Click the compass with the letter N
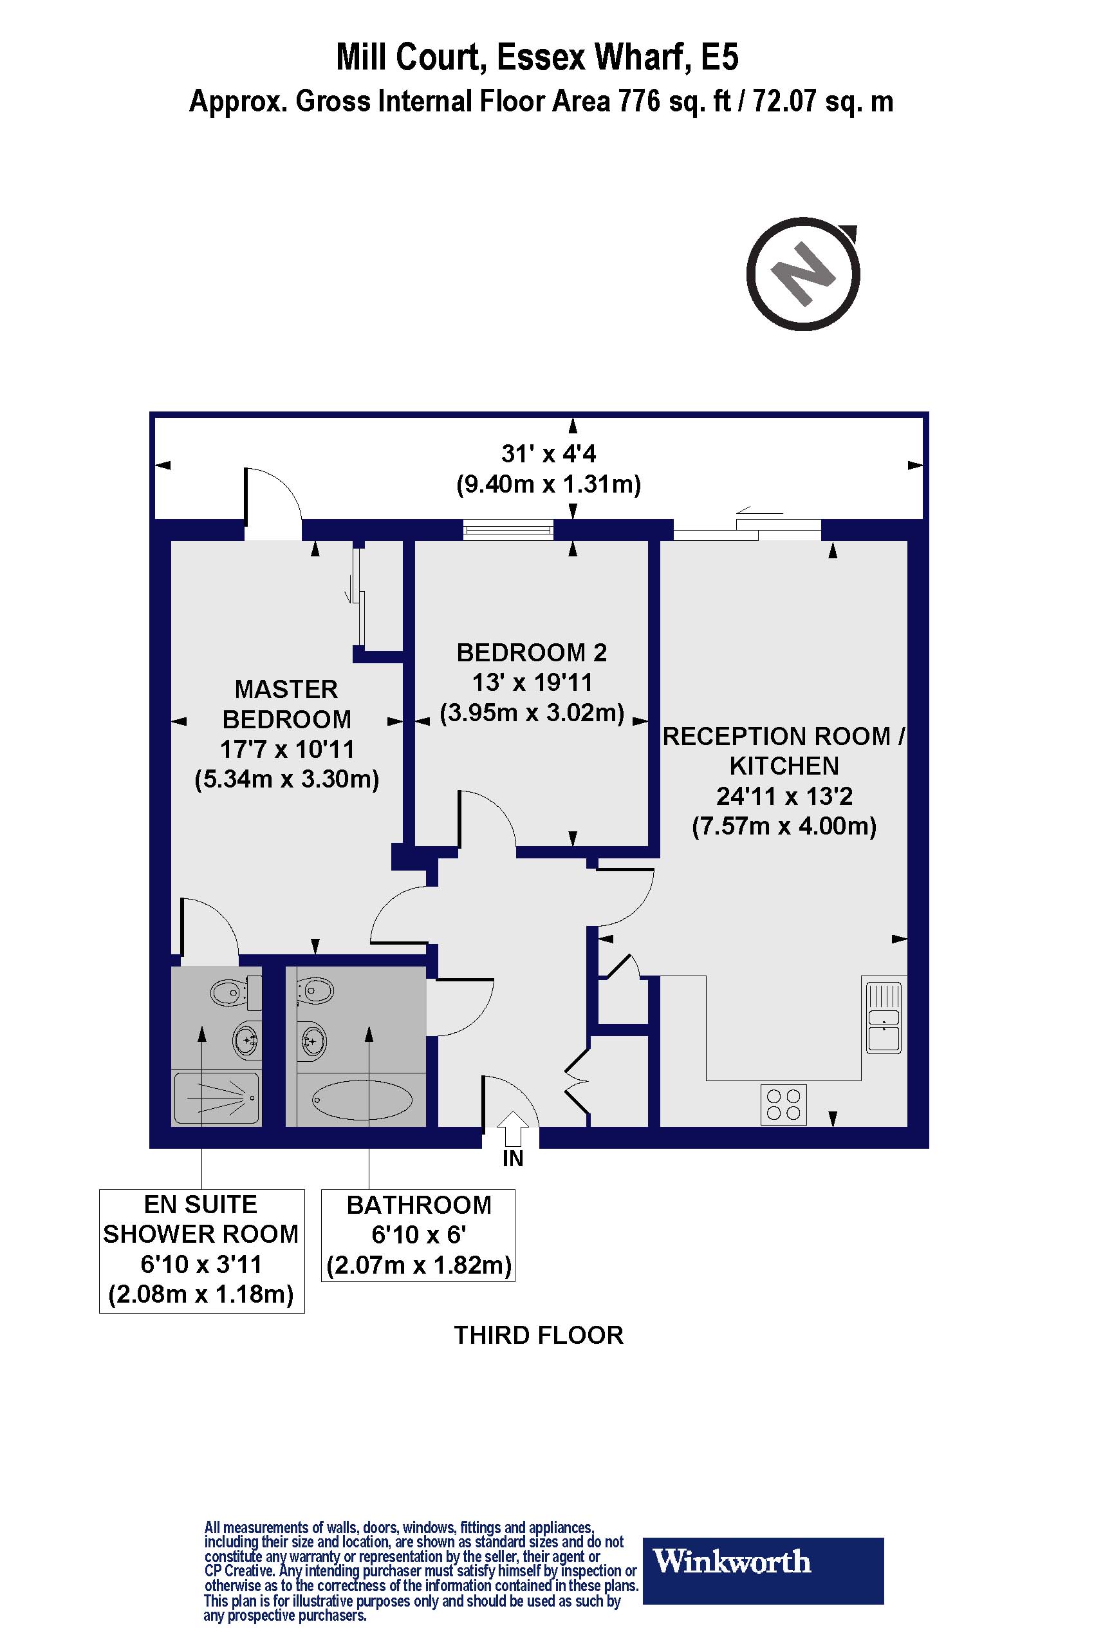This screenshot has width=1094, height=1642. [803, 274]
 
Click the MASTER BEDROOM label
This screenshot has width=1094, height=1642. [286, 704]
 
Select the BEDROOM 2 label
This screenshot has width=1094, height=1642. [532, 653]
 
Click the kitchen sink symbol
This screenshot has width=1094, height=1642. [884, 1017]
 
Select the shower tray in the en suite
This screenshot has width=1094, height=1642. [217, 1098]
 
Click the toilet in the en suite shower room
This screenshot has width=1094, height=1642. [231, 992]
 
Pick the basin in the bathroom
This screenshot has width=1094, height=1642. [313, 1043]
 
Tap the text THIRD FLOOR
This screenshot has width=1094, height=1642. [539, 1335]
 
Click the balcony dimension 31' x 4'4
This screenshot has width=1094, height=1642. [549, 454]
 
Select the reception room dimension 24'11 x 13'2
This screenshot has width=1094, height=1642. [784, 796]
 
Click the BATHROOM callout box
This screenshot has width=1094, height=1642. [418, 1235]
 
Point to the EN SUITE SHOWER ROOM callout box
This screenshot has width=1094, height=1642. [201, 1250]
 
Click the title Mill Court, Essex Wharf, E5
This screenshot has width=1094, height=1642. [537, 57]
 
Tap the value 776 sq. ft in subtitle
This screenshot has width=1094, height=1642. [674, 102]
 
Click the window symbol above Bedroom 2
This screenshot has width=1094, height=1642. [508, 530]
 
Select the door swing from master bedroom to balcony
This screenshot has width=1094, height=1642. [273, 496]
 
